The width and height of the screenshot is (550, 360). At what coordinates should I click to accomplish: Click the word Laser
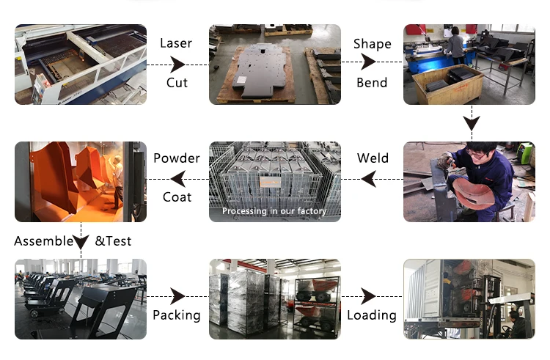pyautogui.click(x=176, y=43)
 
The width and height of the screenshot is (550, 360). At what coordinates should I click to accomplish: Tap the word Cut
pyautogui.click(x=177, y=82)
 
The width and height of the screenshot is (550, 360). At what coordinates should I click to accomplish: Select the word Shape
pyautogui.click(x=372, y=43)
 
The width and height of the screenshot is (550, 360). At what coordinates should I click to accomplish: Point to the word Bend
pyautogui.click(x=372, y=82)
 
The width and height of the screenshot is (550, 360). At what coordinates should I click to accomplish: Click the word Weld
pyautogui.click(x=373, y=158)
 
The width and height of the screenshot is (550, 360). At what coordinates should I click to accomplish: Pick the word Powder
pyautogui.click(x=176, y=158)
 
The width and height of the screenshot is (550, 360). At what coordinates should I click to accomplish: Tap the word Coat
pyautogui.click(x=177, y=196)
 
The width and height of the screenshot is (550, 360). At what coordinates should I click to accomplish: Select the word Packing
pyautogui.click(x=176, y=315)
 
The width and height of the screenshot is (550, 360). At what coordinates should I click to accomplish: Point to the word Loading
pyautogui.click(x=372, y=315)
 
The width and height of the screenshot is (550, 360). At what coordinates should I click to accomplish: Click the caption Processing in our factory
pyautogui.click(x=274, y=211)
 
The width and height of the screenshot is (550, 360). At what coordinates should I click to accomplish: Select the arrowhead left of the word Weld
pyautogui.click(x=370, y=177)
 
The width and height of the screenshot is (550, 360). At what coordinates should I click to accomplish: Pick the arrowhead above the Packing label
pyautogui.click(x=177, y=296)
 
